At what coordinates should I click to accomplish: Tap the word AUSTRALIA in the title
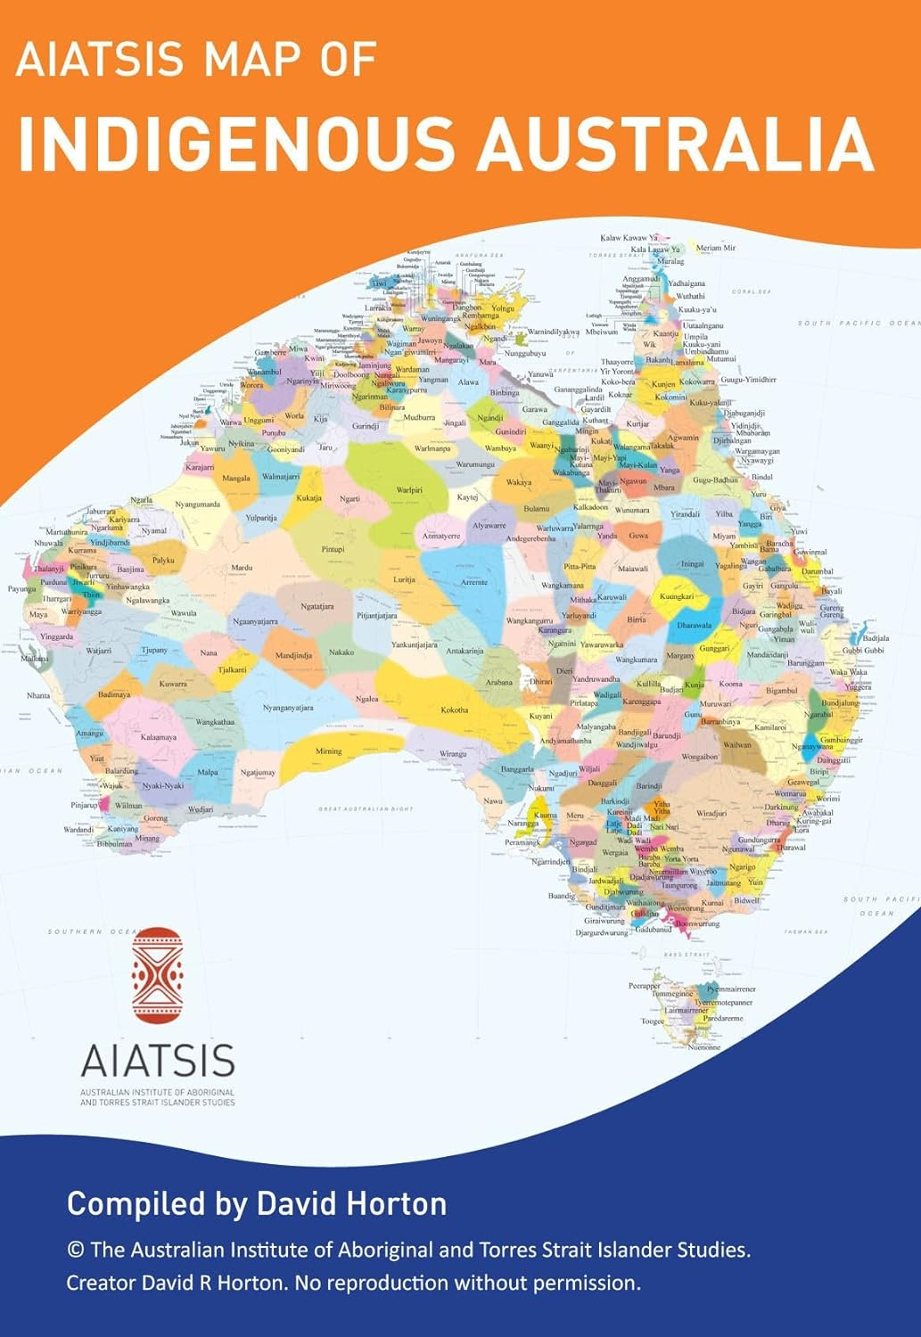coord(674,143)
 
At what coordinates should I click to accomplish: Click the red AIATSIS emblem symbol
coord(157,975)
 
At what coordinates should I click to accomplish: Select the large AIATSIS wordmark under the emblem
coord(158,1061)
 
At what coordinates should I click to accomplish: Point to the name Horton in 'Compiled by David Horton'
coord(396,1204)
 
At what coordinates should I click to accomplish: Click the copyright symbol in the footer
coord(75,1251)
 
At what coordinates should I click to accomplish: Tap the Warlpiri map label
coord(409,490)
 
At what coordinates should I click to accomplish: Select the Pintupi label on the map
coord(333,550)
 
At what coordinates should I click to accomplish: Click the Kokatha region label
coord(454,710)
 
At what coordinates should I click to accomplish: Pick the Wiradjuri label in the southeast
coord(711,813)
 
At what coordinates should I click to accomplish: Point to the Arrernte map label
coord(474,582)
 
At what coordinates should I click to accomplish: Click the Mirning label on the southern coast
coord(328,751)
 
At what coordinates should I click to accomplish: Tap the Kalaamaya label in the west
coord(159,737)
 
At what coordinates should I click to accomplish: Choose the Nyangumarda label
coord(197,504)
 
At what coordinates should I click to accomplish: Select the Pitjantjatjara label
coord(377,615)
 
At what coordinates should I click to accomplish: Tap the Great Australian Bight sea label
coord(366,809)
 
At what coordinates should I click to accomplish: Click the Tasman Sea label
coord(806,932)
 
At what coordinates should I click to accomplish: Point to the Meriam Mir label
coord(716,248)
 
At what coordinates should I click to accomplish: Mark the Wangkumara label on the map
coord(637,660)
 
